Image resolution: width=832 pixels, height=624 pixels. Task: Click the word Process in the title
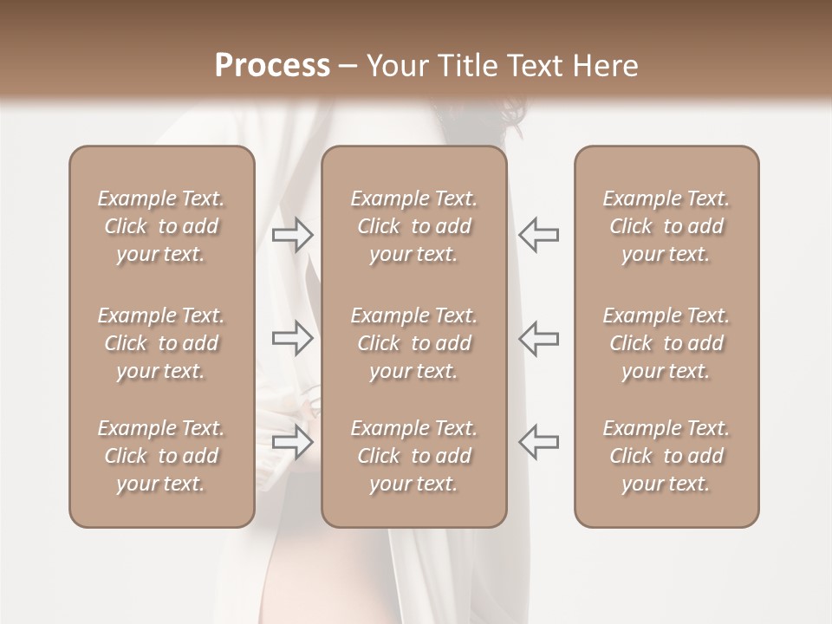(272, 66)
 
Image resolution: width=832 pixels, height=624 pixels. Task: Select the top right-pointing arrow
(292, 235)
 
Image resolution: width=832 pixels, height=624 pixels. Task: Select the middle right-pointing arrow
(292, 338)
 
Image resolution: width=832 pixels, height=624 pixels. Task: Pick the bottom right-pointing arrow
(292, 442)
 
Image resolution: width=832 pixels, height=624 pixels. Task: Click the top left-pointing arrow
(539, 235)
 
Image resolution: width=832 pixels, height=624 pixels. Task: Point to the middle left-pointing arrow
(539, 338)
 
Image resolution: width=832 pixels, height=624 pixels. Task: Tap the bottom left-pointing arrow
(539, 442)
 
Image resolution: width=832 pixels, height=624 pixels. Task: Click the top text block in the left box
(161, 226)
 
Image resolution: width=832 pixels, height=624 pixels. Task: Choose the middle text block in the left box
(161, 343)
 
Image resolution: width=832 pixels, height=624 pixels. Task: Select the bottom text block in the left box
(161, 456)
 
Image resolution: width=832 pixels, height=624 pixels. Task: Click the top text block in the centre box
(413, 226)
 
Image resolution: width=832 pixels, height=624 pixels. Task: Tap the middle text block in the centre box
(413, 343)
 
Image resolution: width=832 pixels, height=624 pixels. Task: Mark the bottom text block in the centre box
(413, 456)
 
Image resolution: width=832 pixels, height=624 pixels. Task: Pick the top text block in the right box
(666, 226)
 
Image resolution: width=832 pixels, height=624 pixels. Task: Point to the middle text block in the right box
(666, 343)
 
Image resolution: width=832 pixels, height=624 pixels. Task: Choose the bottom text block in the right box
(666, 456)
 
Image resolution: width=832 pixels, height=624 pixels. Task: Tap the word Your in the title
(399, 66)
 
